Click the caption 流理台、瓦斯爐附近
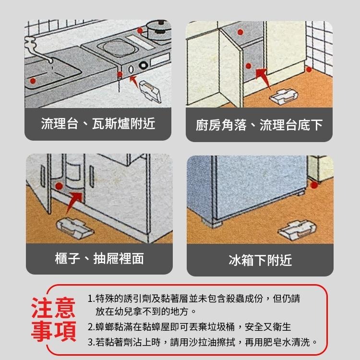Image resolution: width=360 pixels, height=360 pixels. (x=98, y=123)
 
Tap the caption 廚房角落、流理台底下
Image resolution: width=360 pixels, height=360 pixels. (x=259, y=125)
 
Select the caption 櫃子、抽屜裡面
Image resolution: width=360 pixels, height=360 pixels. (x=99, y=259)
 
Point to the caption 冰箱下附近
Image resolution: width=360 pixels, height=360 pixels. (x=260, y=260)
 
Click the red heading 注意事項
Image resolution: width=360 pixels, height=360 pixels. (x=53, y=319)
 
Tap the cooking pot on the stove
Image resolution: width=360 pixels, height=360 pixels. (x=159, y=30)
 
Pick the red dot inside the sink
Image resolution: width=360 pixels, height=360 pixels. (x=33, y=81)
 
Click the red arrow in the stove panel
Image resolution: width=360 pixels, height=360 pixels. (x=134, y=82)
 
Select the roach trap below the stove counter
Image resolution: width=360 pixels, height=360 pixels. (x=150, y=91)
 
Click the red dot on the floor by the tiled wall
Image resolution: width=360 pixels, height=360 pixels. (x=309, y=69)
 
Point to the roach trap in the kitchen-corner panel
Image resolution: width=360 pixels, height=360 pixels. (x=284, y=97)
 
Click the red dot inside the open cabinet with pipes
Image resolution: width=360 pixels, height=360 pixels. (x=59, y=186)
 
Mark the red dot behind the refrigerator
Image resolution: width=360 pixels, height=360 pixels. (x=314, y=185)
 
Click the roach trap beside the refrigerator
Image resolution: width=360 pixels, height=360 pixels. (x=297, y=230)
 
